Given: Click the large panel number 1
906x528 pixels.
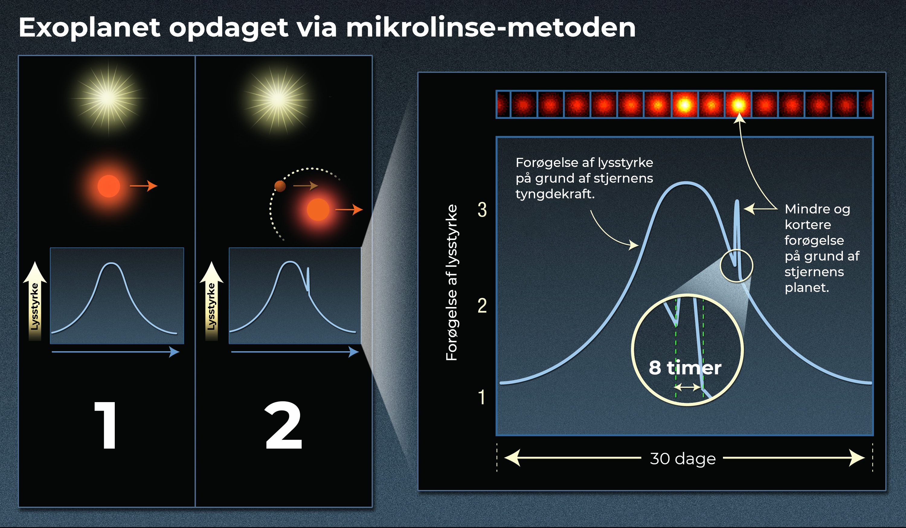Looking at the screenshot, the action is tap(106, 425).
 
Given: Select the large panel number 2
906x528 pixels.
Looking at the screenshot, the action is tap(284, 425).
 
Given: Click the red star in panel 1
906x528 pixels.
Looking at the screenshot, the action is tap(109, 186).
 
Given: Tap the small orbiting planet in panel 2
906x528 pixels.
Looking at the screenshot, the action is tap(280, 186).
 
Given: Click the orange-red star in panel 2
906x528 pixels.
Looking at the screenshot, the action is tap(318, 210).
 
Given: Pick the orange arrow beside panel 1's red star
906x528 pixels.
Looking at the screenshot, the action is tap(143, 186).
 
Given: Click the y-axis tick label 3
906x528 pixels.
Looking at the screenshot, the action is tap(482, 210).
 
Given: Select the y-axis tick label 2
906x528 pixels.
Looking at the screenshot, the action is tap(482, 306).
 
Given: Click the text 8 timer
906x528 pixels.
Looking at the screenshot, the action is tap(685, 367).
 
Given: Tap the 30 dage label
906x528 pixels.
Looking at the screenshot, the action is tap(683, 459).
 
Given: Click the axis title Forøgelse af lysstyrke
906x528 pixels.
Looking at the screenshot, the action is tap(451, 283).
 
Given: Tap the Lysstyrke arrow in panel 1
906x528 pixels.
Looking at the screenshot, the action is tap(35, 301).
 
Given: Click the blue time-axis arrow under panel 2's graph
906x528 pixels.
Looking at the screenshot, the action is tap(295, 351).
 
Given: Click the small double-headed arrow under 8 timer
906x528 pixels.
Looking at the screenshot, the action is tap(687, 387).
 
